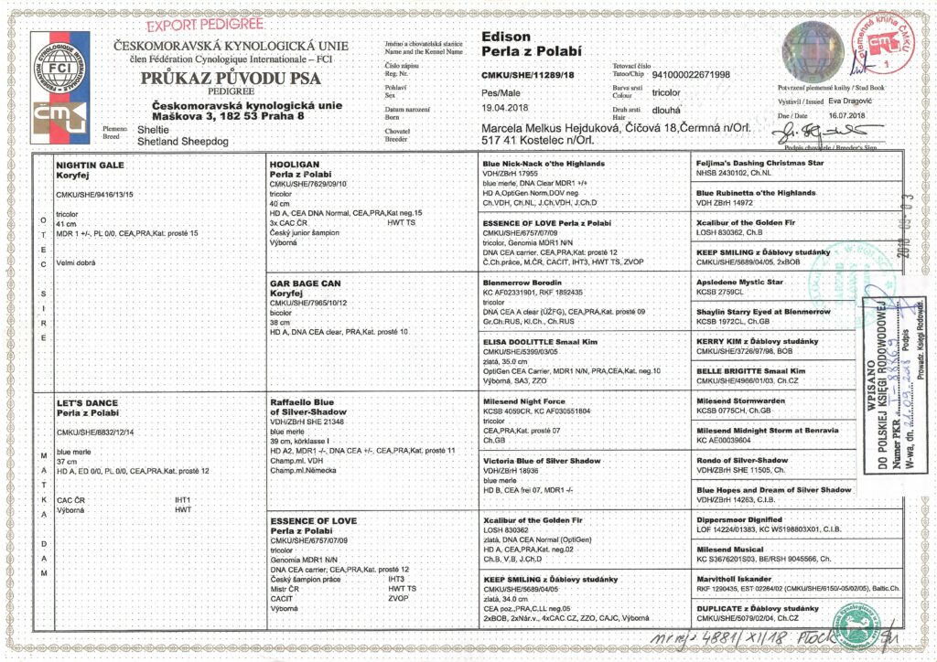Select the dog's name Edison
505,37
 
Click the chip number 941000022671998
684,74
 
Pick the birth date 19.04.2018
506,107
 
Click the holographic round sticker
810,46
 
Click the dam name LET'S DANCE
88,402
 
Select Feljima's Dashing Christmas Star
759,163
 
